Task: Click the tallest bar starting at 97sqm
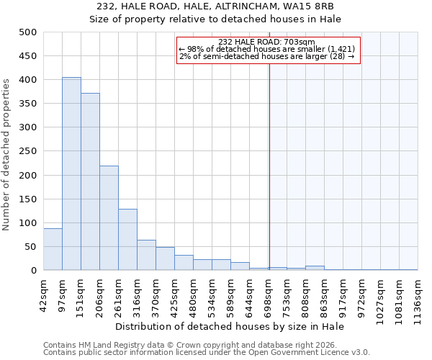pyautogui.click(x=71, y=174)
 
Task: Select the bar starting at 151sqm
pyautogui.click(x=90, y=181)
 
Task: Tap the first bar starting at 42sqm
pyautogui.click(x=53, y=249)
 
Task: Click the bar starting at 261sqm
pyautogui.click(x=127, y=240)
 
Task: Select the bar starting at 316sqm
pyautogui.click(x=146, y=255)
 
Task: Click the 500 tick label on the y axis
pyautogui.click(x=28, y=32)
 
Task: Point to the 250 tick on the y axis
pyautogui.click(x=28, y=151)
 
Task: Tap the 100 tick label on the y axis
pyautogui.click(x=28, y=223)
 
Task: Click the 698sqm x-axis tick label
pyautogui.click(x=269, y=295)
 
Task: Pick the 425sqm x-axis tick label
pyautogui.click(x=174, y=295)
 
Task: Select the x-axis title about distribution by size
pyautogui.click(x=230, y=326)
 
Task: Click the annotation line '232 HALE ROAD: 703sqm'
pyautogui.click(x=267, y=42)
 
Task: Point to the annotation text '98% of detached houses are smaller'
pyautogui.click(x=267, y=49)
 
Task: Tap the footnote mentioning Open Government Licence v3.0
pyautogui.click(x=207, y=352)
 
